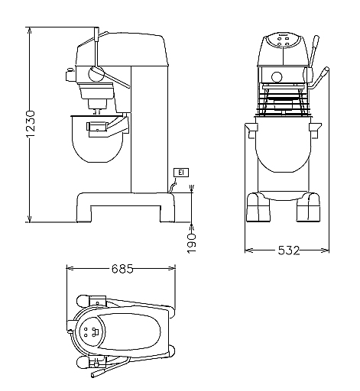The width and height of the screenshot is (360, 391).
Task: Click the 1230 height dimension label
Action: (31, 124)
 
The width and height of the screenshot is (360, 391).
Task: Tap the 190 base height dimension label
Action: (191, 244)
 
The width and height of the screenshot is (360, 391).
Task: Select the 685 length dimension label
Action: (122, 269)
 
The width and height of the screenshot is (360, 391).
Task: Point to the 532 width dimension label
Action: (288, 250)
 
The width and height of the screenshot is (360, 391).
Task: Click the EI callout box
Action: (181, 173)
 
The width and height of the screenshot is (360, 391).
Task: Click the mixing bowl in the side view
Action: (97, 139)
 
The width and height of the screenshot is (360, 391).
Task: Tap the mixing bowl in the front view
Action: (284, 144)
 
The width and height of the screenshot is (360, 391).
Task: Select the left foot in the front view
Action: (258, 207)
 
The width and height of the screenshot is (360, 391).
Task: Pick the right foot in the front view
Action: (308, 207)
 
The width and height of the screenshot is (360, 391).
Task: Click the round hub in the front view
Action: (277, 77)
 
